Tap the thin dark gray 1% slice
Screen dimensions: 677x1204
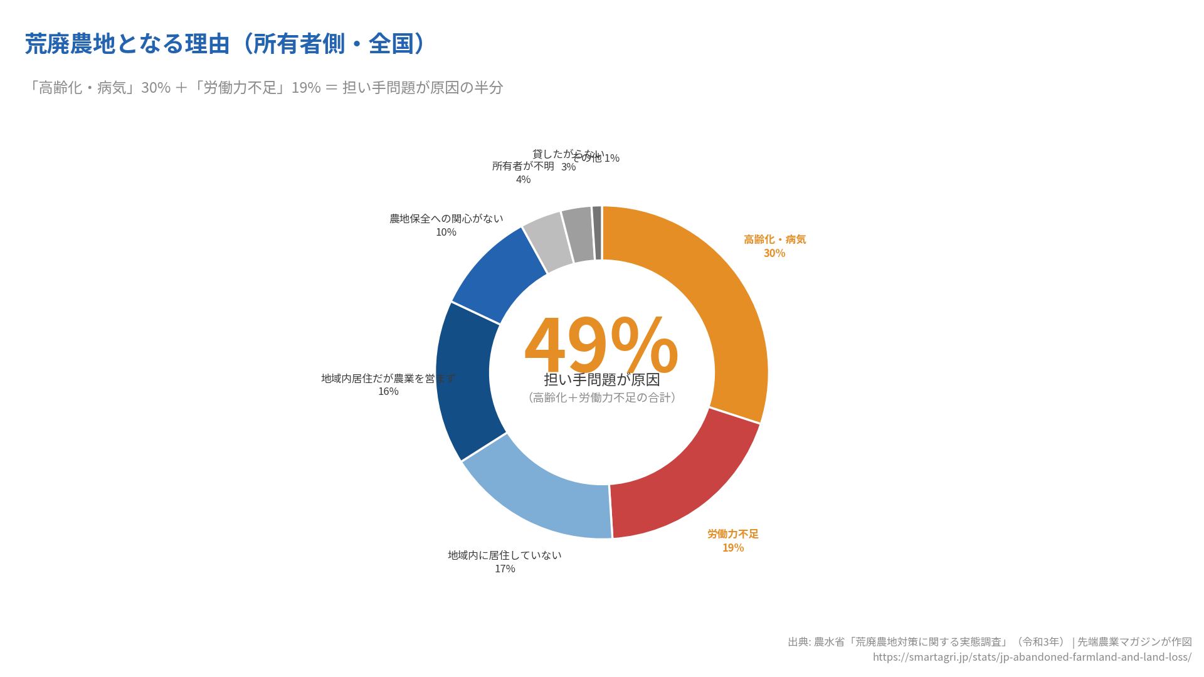597,233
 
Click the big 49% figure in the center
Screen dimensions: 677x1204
601,345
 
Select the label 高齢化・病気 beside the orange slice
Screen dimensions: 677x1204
774,239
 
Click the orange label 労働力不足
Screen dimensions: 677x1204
733,533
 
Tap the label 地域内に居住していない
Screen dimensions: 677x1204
505,555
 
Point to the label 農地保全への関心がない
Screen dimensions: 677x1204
446,219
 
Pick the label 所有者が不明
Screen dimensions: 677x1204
523,166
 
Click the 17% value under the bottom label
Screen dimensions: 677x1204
505,569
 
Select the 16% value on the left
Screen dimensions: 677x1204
388,391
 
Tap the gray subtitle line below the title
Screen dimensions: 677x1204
264,87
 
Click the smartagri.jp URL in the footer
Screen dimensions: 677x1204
1032,657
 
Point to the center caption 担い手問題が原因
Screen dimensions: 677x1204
601,379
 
